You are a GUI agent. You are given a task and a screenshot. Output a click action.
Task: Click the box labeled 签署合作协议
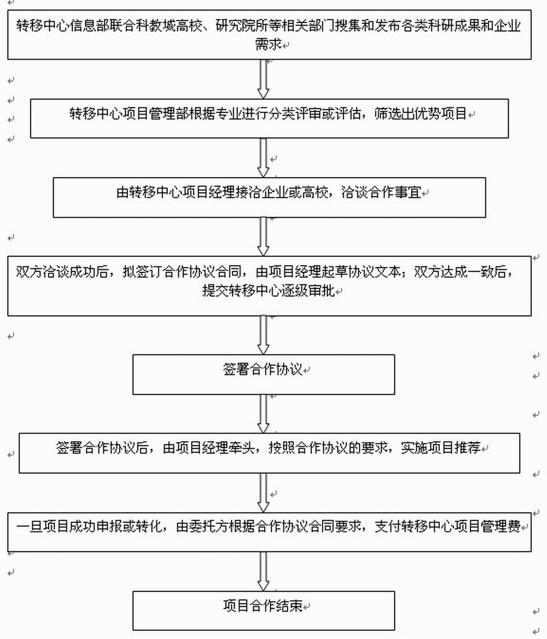tap(264, 374)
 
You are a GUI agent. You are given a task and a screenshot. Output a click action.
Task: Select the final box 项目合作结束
tap(264, 611)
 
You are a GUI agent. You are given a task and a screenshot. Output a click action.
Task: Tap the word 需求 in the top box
tap(268, 44)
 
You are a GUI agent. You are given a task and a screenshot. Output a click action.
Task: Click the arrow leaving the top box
tap(264, 79)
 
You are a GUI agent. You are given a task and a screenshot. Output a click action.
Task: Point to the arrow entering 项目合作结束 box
tap(264, 571)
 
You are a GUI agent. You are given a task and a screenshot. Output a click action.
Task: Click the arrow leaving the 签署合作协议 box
tap(264, 414)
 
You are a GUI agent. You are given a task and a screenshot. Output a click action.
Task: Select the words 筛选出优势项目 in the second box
tap(420, 113)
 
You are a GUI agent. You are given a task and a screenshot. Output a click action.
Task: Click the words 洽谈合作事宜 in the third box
tap(381, 192)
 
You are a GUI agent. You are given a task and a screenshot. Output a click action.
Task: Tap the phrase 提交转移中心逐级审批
tap(269, 290)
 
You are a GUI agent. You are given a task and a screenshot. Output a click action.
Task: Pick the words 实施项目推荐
tap(440, 448)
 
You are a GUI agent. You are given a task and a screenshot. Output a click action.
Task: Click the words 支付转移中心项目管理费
tap(447, 526)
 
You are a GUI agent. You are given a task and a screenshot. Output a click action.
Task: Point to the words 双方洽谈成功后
tap(62, 272)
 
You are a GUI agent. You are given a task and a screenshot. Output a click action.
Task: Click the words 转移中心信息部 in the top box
tap(62, 26)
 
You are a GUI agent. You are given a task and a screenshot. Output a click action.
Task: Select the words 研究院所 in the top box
tap(242, 26)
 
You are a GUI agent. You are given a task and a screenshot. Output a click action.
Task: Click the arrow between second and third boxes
tap(264, 158)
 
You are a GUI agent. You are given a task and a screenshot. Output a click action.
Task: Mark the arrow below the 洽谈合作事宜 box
tap(264, 236)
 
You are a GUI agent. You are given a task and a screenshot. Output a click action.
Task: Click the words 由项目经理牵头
tap(208, 448)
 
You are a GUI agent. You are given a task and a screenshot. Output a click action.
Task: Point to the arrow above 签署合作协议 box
tap(264, 335)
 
